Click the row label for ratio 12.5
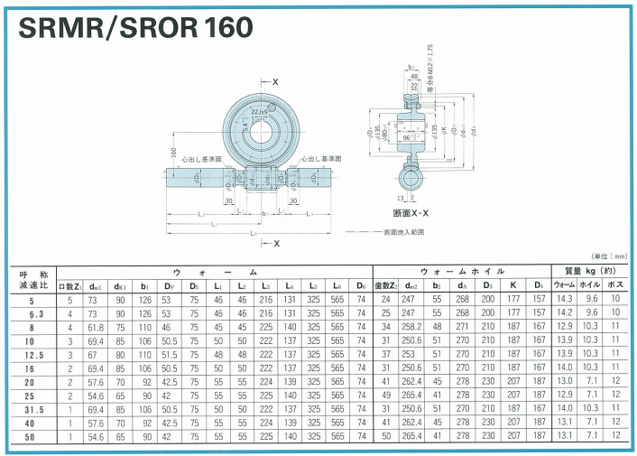point(32,356)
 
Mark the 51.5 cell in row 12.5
point(167,356)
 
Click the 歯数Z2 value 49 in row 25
point(384,395)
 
